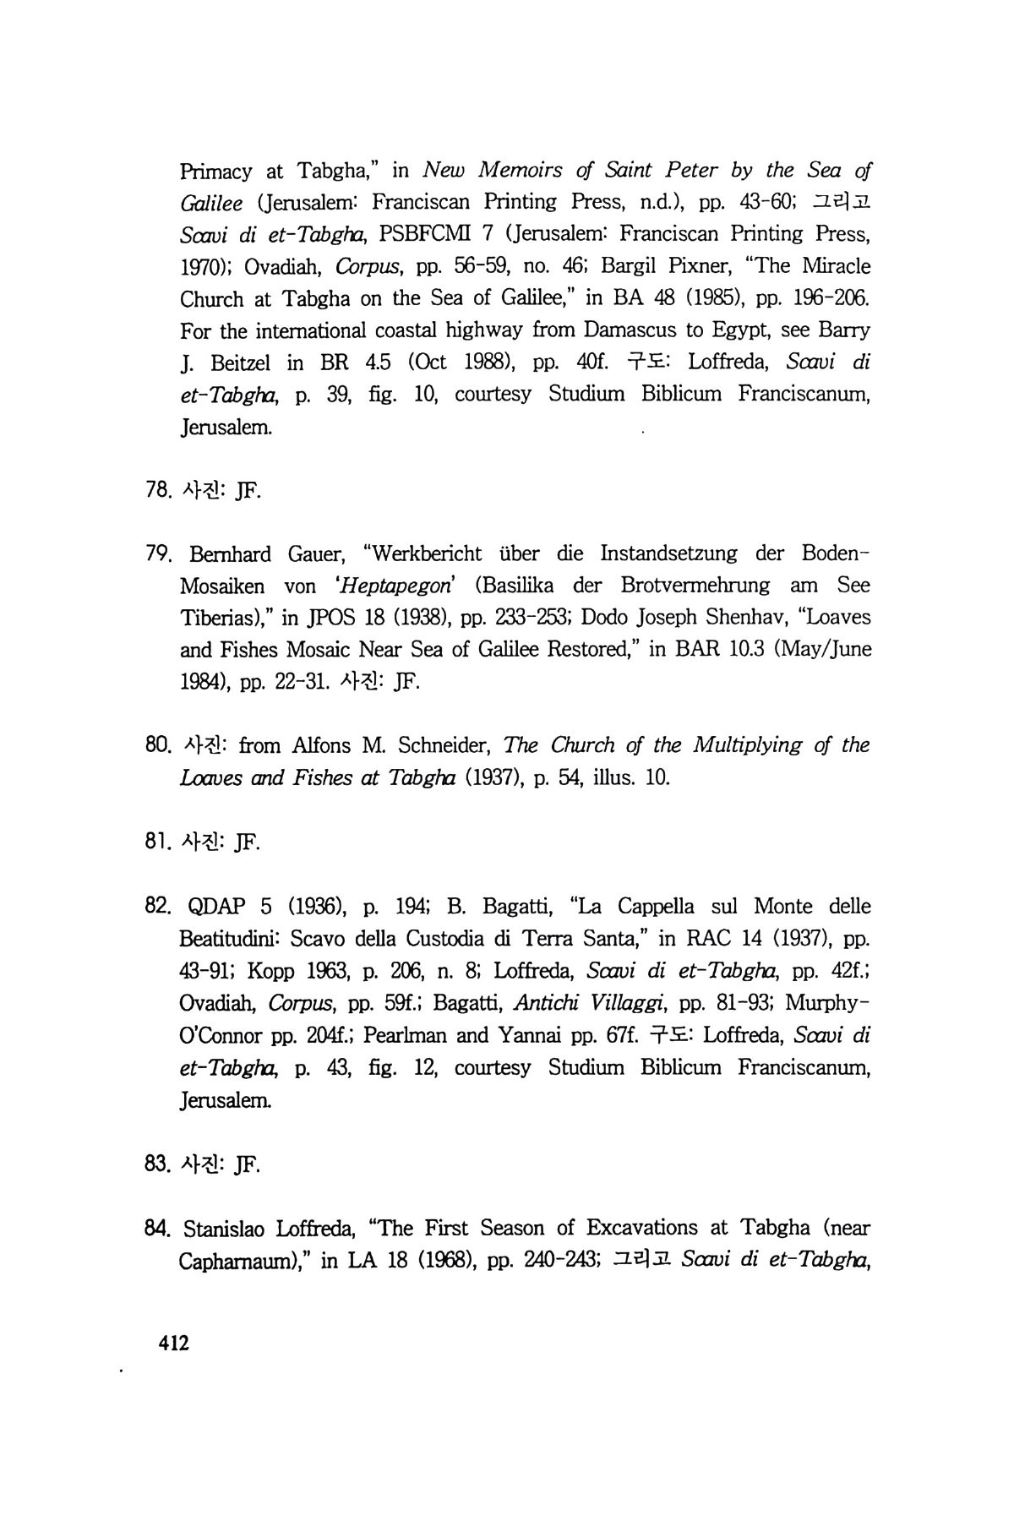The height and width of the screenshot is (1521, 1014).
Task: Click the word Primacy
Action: point(216,172)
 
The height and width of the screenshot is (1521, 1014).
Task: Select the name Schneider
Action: point(444,746)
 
